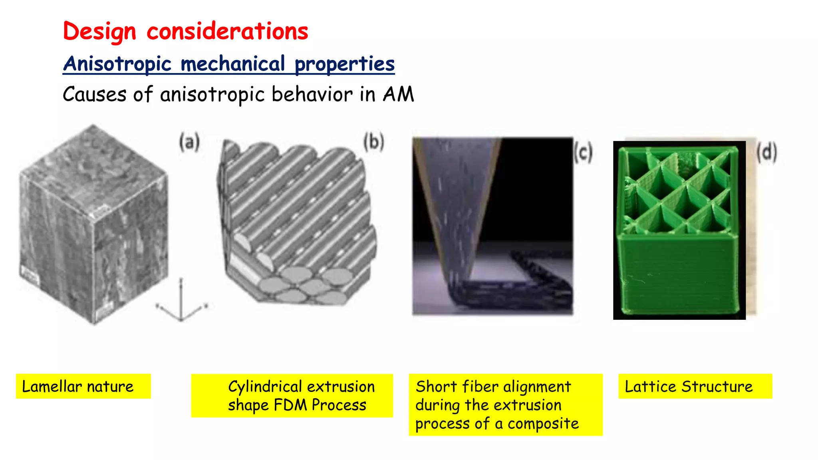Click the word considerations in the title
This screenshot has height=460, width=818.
227,32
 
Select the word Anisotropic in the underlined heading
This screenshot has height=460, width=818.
117,64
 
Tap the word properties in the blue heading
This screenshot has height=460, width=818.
345,64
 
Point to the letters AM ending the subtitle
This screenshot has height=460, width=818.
398,95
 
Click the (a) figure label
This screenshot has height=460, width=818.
189,143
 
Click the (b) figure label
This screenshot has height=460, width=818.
373,142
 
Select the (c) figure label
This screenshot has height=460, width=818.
583,153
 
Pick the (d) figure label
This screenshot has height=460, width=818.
766,153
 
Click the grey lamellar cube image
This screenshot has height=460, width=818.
94,224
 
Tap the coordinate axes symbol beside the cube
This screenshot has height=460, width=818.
181,303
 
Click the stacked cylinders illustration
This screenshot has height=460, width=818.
298,224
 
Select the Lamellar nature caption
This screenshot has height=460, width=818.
78,387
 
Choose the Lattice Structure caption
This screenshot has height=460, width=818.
689,387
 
